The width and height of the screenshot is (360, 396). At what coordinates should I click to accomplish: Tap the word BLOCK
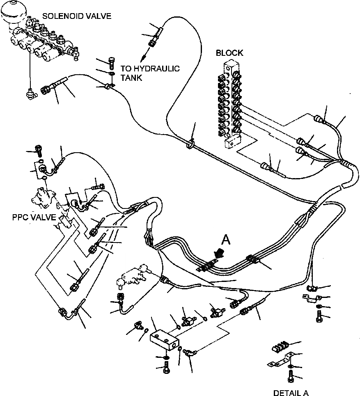[229, 53]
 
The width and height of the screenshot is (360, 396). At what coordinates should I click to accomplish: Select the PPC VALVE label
[34, 217]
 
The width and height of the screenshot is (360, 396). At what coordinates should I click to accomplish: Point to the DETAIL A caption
[291, 393]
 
